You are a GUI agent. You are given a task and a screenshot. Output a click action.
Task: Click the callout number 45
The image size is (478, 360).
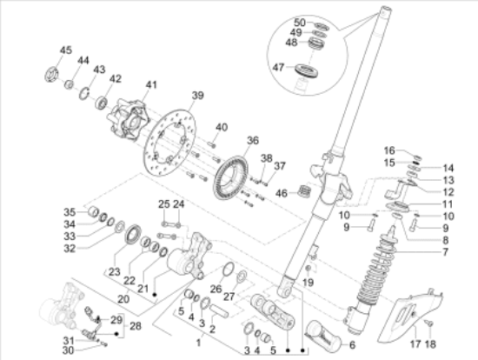pyautogui.click(x=66, y=49)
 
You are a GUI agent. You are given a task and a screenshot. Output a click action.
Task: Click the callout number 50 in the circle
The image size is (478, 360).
pyautogui.click(x=299, y=22)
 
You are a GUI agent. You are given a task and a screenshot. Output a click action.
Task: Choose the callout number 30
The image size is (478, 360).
pyautogui.click(x=70, y=350)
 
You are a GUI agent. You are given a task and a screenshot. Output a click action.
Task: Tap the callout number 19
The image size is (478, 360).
pyautogui.click(x=307, y=283)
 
